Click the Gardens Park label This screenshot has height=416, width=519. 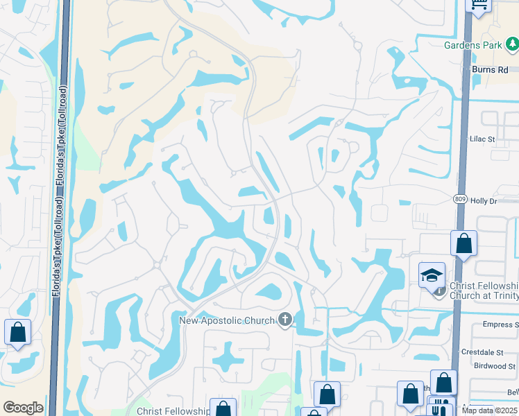pos(473,46)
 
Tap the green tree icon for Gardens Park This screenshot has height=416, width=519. pos(512,45)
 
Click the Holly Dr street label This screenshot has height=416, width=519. pos(484,201)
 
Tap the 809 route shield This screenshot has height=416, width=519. pos(461,199)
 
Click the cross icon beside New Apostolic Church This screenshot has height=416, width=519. pos(284,319)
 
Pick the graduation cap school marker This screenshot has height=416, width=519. pos(432,275)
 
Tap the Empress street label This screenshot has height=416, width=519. pos(499,324)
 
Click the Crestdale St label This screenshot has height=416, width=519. pos(494,352)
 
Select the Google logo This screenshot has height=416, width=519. pos(23,408)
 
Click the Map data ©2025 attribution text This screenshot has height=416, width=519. pos(490,410)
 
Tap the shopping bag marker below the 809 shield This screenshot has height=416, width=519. pos(463,243)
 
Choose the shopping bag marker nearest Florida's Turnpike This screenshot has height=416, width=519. pos(17,332)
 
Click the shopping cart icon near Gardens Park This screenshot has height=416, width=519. pos(479,5)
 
